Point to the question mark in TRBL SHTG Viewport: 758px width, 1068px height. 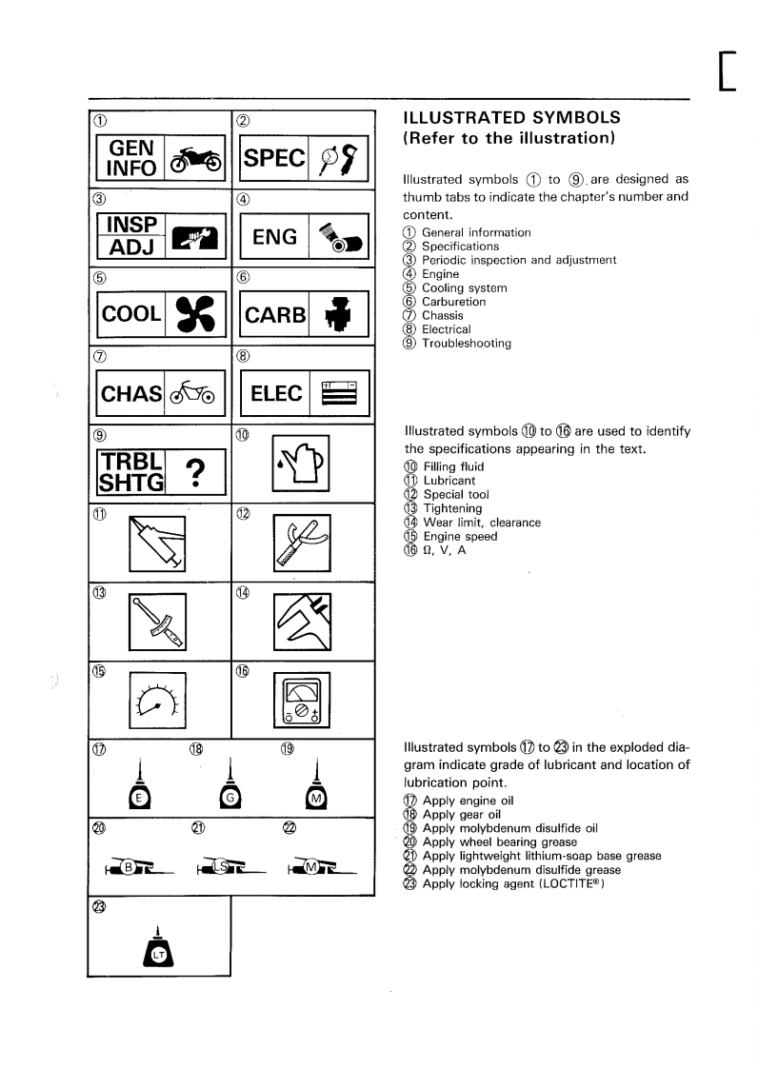point(194,470)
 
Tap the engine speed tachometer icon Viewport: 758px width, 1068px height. point(157,702)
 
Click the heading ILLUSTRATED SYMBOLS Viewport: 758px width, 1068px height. point(512,118)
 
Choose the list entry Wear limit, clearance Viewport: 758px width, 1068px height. point(482,523)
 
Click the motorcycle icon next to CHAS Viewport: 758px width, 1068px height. point(194,392)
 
